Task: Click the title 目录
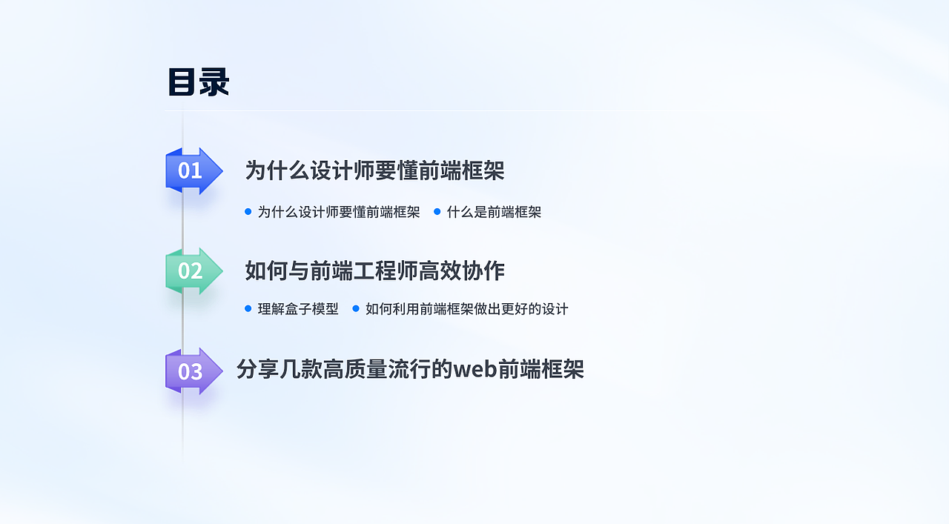click(x=198, y=82)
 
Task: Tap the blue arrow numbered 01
click(x=194, y=171)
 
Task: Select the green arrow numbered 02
click(x=194, y=271)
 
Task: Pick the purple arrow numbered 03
click(x=194, y=371)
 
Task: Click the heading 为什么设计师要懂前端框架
click(x=374, y=170)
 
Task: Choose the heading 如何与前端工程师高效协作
click(x=374, y=271)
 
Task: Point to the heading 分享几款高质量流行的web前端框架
click(x=410, y=369)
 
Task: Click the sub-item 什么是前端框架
click(x=494, y=212)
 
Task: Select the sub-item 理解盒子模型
click(x=298, y=309)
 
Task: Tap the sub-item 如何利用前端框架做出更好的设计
click(x=466, y=309)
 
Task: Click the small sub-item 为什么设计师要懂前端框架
click(x=339, y=212)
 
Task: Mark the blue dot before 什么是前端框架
click(x=437, y=212)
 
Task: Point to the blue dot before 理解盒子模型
click(x=248, y=308)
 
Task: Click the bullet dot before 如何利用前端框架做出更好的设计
click(x=356, y=308)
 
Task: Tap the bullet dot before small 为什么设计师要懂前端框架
click(x=248, y=212)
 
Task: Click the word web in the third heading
click(x=474, y=369)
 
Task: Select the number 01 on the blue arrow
click(x=190, y=171)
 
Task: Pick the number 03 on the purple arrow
click(x=190, y=371)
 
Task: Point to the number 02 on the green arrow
click(x=190, y=271)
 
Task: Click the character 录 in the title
click(x=214, y=82)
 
